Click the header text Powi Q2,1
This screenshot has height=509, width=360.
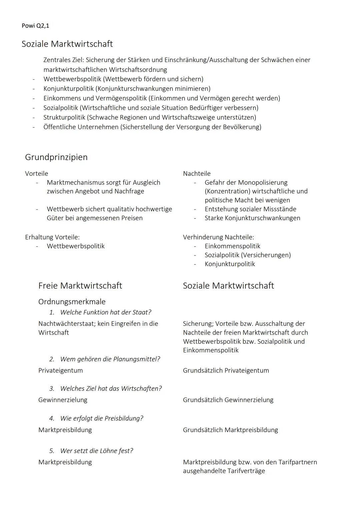click(x=35, y=26)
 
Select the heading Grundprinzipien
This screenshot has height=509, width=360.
click(x=56, y=157)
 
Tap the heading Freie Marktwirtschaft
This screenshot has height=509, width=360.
click(x=80, y=286)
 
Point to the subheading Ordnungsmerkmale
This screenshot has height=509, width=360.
click(x=72, y=302)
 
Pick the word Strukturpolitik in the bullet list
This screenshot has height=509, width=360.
click(x=64, y=117)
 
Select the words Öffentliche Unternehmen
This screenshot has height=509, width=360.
click(x=81, y=127)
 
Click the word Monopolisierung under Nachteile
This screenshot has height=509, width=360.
click(x=263, y=182)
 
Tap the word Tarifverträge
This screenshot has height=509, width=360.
click(x=246, y=471)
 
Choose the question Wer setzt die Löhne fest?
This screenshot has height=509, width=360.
click(x=96, y=451)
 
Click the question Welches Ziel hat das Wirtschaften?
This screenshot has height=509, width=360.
click(x=111, y=389)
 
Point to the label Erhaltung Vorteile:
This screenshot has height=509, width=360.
click(x=52, y=237)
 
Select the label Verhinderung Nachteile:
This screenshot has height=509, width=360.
click(x=218, y=237)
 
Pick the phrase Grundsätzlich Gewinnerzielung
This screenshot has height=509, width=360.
click(x=228, y=400)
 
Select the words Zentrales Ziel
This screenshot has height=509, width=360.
click(x=63, y=60)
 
